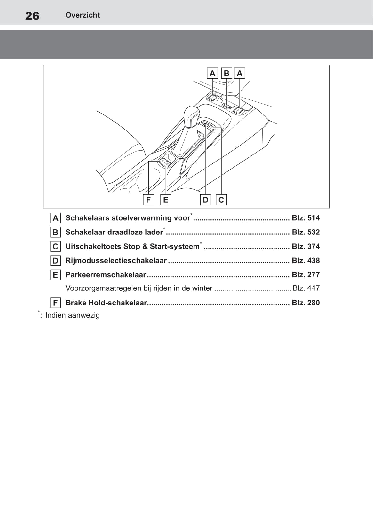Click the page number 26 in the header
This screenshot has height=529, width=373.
(32, 16)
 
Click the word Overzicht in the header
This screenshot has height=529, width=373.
(83, 15)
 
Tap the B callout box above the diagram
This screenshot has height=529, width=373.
(226, 73)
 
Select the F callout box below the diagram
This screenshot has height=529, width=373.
(148, 200)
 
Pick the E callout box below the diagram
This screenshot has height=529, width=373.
(166, 200)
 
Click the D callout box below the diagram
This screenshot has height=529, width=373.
(205, 200)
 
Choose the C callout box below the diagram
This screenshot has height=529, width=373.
(221, 200)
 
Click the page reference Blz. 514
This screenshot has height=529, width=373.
(306, 218)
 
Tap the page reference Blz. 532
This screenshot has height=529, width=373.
(306, 232)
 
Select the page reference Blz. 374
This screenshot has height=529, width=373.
(306, 246)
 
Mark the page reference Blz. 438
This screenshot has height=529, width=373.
(306, 260)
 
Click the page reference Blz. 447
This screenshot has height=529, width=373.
(306, 288)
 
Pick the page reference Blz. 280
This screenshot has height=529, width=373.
(306, 303)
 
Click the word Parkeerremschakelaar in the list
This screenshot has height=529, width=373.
(106, 275)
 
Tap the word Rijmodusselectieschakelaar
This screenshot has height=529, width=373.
(116, 260)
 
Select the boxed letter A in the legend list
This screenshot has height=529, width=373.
(56, 218)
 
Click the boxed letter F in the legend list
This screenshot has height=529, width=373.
(56, 303)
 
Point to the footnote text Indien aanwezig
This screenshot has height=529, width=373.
(73, 315)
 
